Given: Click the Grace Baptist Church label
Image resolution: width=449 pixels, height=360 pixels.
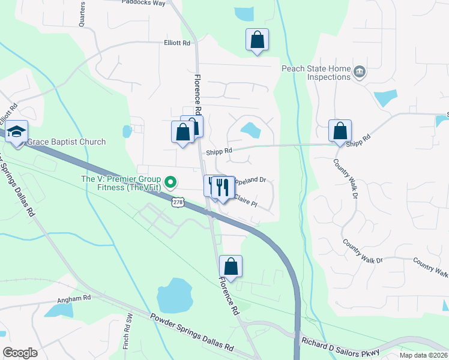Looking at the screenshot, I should (67, 142).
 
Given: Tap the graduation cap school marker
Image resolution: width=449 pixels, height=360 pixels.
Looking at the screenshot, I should (17, 131).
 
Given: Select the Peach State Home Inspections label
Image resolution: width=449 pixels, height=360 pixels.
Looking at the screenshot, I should (316, 73).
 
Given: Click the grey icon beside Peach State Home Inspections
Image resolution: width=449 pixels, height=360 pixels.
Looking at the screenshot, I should (359, 72).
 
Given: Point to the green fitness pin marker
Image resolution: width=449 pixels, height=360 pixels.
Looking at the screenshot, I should (170, 181).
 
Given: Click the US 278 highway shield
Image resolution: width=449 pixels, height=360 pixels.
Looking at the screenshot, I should (177, 203).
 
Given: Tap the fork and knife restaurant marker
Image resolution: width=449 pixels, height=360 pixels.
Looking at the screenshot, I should (223, 188).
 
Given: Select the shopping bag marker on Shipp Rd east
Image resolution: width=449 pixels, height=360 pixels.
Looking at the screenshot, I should (340, 131).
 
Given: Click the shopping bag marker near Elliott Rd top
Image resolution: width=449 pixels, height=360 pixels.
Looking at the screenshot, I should (257, 40).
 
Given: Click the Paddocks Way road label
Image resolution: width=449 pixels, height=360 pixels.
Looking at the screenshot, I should (143, 3).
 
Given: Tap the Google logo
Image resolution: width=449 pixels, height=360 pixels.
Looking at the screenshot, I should (20, 352).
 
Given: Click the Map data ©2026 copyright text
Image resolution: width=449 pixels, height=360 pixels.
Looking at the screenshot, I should (423, 355).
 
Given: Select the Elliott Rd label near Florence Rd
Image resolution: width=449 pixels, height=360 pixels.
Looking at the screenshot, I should (176, 43).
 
